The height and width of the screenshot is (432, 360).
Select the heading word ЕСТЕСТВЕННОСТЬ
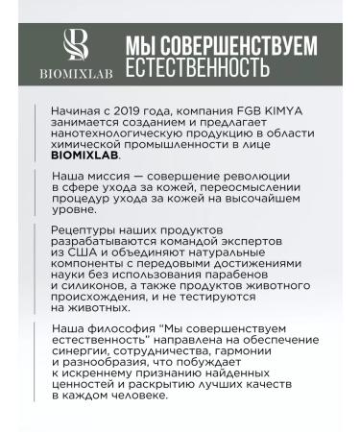pos(195,69)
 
